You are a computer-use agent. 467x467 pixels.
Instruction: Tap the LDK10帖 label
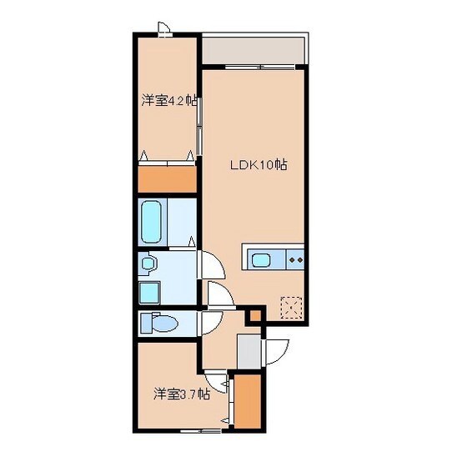click(x=259, y=164)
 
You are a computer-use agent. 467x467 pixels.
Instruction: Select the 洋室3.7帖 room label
click(x=180, y=393)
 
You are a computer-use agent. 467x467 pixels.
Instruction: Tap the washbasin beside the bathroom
click(x=148, y=265)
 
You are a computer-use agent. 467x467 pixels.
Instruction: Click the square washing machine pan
click(x=149, y=293)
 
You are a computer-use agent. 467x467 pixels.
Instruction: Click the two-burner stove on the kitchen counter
click(x=293, y=259)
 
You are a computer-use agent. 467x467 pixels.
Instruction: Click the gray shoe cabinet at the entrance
click(x=248, y=349)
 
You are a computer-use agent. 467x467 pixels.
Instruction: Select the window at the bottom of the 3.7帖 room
click(x=198, y=432)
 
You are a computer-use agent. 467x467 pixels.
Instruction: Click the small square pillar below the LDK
click(x=254, y=314)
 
